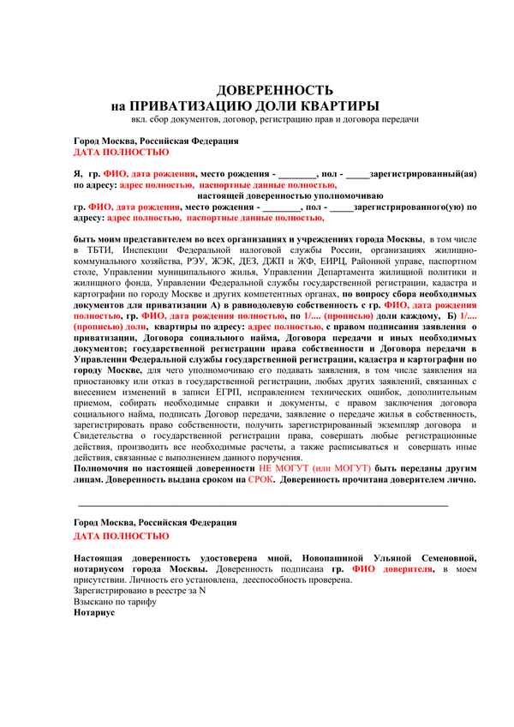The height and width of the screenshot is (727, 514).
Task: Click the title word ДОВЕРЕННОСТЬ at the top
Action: (x=273, y=89)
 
